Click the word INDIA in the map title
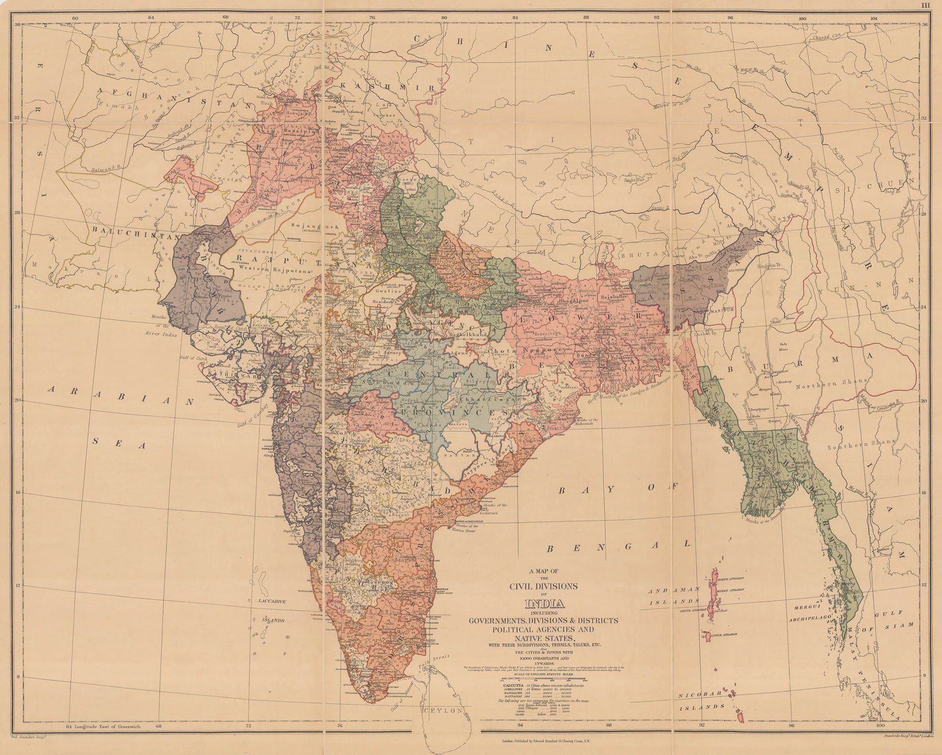[x=544, y=604]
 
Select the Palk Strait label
[x=442, y=658]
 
